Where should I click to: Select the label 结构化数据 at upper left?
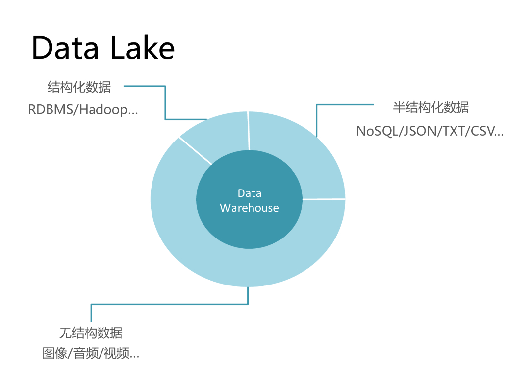pos(79,87)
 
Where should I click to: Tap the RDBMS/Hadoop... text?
pos(83,109)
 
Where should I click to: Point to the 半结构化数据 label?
pos(430,107)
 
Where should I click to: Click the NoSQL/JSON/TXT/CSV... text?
pos(429,131)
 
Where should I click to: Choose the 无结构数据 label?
pos(91,332)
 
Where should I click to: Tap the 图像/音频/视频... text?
pos(91,354)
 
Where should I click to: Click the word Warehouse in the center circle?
pos(250,208)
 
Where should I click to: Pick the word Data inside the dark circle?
pos(250,193)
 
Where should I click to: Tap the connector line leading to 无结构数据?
pos(168,304)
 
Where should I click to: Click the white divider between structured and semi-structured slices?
pos(249,131)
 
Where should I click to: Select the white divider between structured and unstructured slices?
pos(196,150)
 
